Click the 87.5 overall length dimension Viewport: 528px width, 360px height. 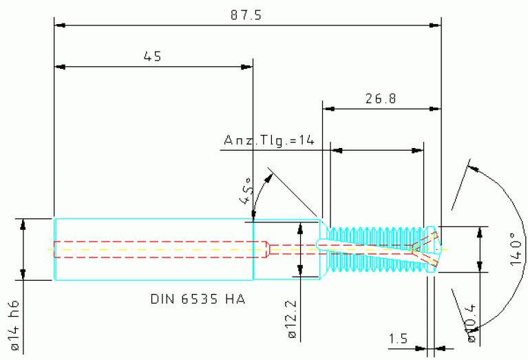pos(249,15)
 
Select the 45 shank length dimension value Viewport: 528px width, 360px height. pos(152,56)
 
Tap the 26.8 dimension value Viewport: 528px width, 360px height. pos(381,98)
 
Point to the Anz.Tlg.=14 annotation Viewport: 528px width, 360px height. pos(269,140)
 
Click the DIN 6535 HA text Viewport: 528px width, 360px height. pos(198,300)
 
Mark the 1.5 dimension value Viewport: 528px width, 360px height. pos(398,339)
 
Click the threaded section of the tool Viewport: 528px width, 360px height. pos(375,249)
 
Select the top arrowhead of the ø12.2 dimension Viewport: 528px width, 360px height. pos(299,226)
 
